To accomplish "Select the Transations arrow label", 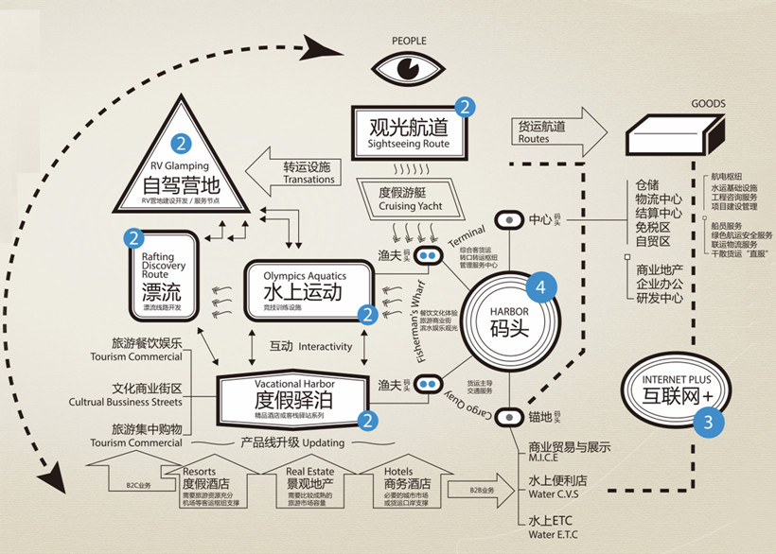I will pyautogui.click(x=309, y=180).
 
